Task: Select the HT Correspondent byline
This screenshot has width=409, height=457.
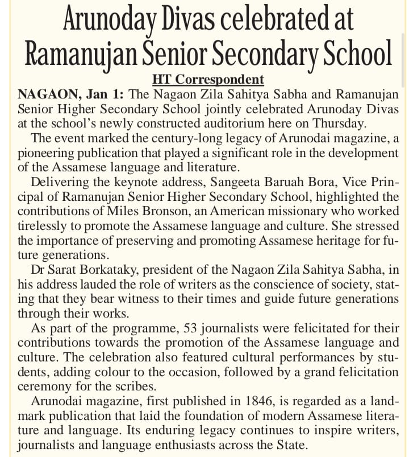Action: tap(208, 79)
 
